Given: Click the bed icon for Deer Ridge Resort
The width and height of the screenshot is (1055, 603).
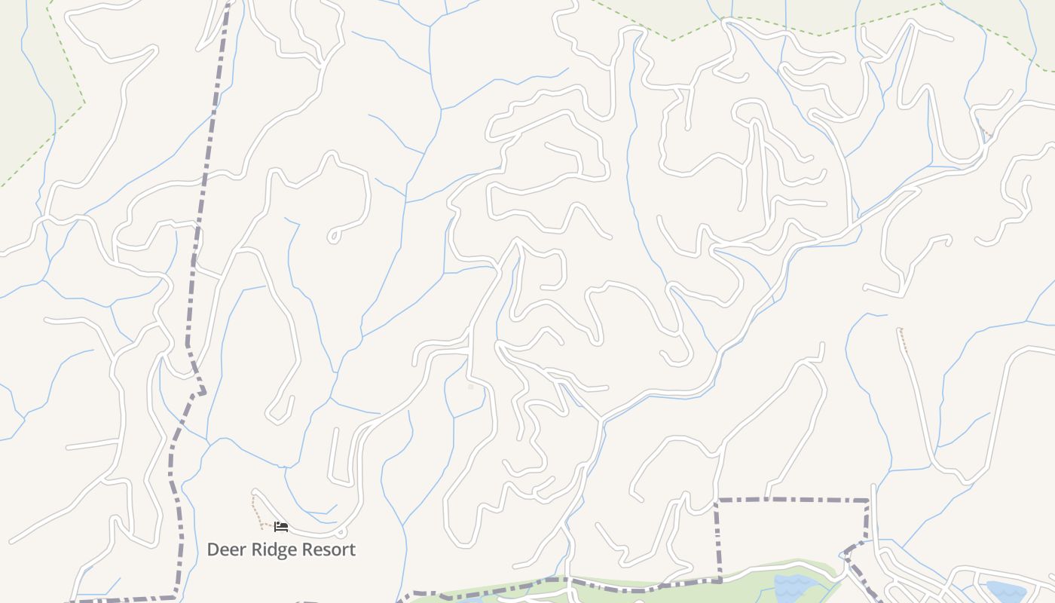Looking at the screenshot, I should pyautogui.click(x=281, y=527).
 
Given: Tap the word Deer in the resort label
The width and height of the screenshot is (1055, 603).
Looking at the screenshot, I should pyautogui.click(x=225, y=549).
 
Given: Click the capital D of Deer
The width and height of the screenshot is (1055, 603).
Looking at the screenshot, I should pyautogui.click(x=213, y=549).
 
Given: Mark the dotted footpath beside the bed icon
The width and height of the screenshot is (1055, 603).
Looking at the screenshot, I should pyautogui.click(x=258, y=513).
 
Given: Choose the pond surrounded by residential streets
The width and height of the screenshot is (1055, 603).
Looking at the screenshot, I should pyautogui.click(x=1006, y=591).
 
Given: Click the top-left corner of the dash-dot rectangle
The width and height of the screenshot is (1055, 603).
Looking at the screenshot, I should pyautogui.click(x=717, y=500).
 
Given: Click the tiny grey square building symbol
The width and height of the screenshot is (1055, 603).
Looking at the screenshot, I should pyautogui.click(x=471, y=387).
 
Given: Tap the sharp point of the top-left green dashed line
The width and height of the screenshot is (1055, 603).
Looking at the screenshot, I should pyautogui.click(x=84, y=103).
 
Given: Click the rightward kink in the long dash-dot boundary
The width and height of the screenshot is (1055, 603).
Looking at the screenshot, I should pyautogui.click(x=202, y=392).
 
